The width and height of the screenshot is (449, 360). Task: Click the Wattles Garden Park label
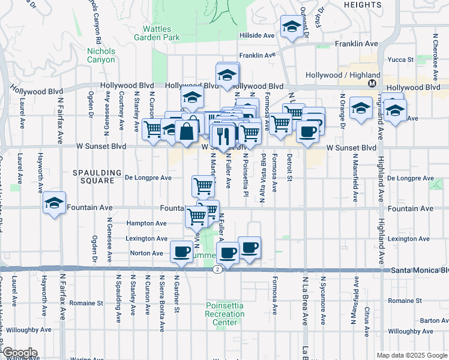pyautogui.click(x=161, y=33)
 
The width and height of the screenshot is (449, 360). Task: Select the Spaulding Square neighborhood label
pyautogui.click(x=93, y=176)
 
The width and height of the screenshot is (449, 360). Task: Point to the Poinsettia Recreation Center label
pyautogui.click(x=224, y=314)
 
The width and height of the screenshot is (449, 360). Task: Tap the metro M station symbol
pyautogui.click(x=372, y=83)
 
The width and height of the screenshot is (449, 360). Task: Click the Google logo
pyautogui.click(x=19, y=353)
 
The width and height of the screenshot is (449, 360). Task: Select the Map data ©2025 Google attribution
pyautogui.click(x=412, y=355)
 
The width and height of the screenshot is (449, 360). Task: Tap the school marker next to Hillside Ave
pyautogui.click(x=291, y=26)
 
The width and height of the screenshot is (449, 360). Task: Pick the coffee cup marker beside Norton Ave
pyautogui.click(x=181, y=252)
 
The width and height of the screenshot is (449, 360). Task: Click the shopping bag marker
pyautogui.click(x=187, y=131)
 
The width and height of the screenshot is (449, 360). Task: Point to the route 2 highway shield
pyautogui.click(x=217, y=270)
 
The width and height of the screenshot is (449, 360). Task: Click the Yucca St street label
pyautogui.click(x=402, y=59)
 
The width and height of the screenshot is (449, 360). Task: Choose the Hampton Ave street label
pyautogui.click(x=146, y=223)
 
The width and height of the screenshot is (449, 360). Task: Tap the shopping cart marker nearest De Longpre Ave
pyautogui.click(x=203, y=186)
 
